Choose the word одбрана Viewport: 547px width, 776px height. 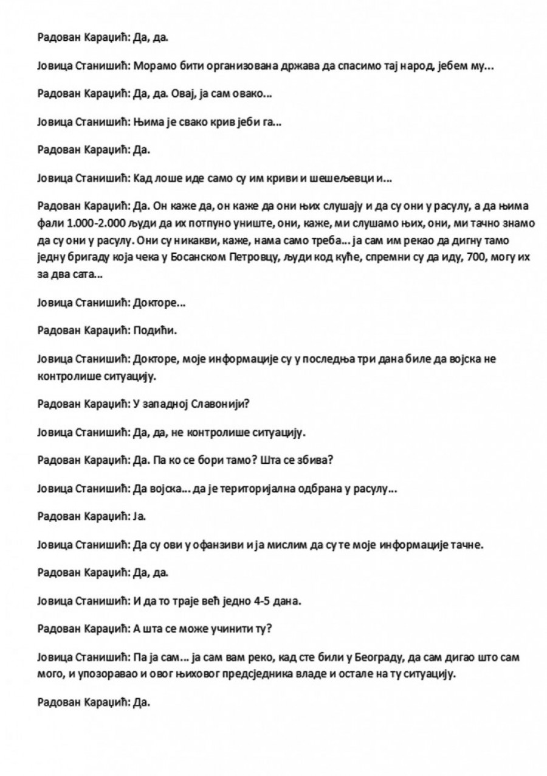[310, 489]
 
